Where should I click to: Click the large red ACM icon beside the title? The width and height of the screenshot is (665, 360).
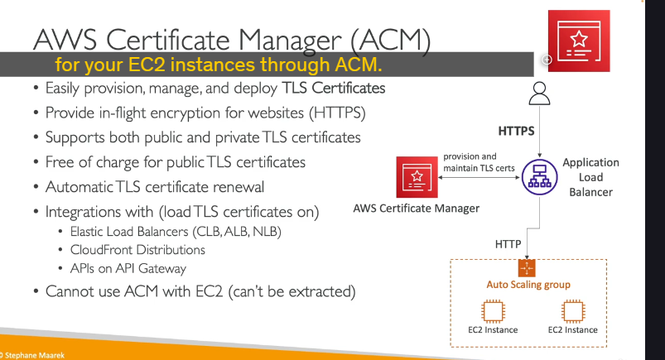(579, 41)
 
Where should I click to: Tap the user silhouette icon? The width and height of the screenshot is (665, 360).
(539, 94)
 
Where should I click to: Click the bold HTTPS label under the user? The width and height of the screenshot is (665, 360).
(516, 131)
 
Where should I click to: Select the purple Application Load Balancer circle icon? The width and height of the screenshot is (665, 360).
(539, 177)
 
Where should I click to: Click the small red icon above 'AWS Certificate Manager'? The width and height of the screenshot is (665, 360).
(417, 177)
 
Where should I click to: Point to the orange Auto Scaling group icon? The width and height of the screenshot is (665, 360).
(527, 268)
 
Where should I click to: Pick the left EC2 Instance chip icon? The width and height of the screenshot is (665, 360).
(493, 311)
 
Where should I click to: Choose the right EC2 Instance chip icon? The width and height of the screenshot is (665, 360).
(573, 311)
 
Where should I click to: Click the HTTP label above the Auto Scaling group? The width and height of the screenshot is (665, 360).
(508, 244)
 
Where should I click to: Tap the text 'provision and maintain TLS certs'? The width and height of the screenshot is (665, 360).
(479, 162)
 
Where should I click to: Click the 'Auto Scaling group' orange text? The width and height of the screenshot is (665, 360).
(528, 285)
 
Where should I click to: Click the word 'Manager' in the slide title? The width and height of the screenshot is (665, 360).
(290, 41)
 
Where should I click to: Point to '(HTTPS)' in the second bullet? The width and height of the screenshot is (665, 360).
(337, 113)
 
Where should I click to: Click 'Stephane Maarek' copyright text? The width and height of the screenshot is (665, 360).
(35, 355)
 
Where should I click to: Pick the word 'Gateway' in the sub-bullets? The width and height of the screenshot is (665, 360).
(162, 268)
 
